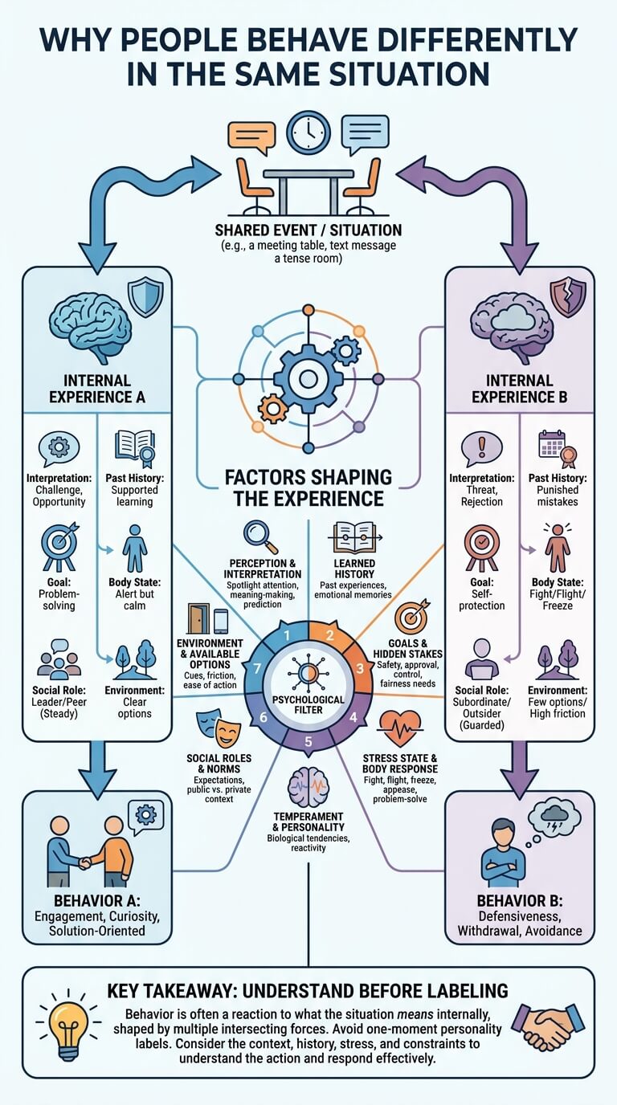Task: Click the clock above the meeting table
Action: click(x=308, y=133)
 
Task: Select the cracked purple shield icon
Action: click(x=568, y=297)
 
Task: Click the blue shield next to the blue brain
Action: click(x=145, y=297)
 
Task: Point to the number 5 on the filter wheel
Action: click(x=308, y=741)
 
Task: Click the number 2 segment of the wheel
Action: click(x=329, y=636)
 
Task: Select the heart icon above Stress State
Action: click(x=400, y=728)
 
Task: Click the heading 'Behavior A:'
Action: click(x=97, y=901)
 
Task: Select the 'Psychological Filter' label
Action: click(x=308, y=705)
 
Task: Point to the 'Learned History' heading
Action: click(x=354, y=569)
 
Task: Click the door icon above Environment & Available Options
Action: click(x=198, y=618)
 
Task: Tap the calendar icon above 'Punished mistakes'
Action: click(x=551, y=444)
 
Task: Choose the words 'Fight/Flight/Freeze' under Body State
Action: click(x=558, y=600)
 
